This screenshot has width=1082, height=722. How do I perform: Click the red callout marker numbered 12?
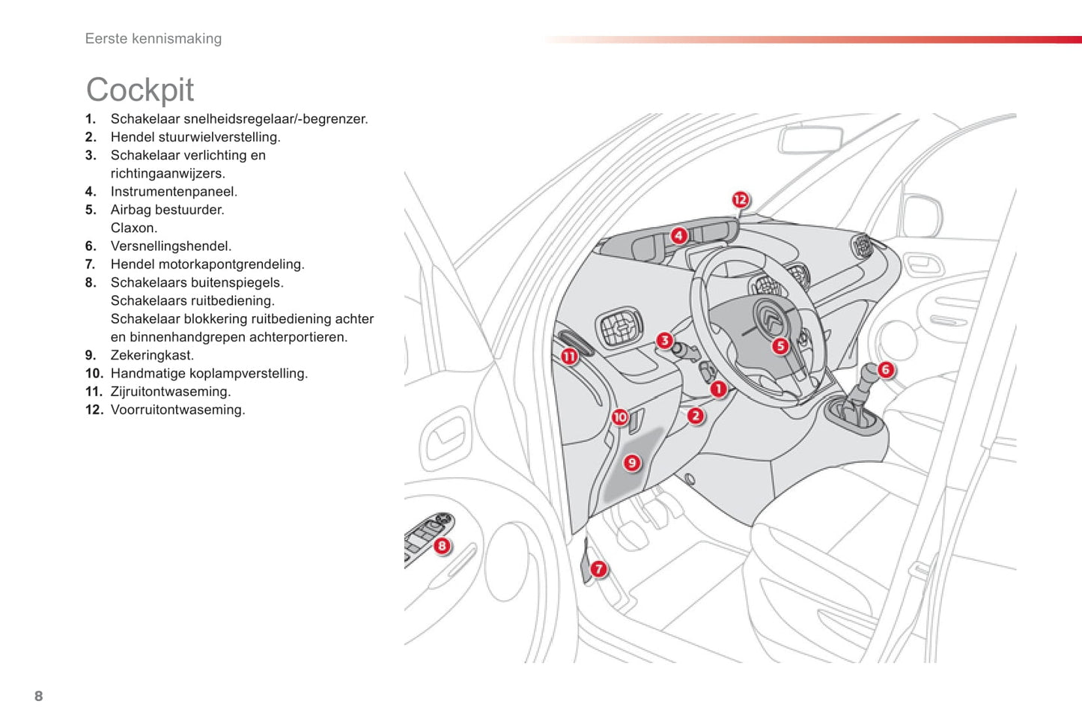point(740,199)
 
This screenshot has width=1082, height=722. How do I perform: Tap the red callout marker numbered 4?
point(678,236)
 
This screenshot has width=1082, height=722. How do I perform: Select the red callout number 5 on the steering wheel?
point(780,346)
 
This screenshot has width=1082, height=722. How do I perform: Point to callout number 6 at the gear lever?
point(885,369)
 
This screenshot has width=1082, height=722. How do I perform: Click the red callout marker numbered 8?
point(442,546)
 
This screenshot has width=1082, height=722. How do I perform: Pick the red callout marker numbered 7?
point(598,569)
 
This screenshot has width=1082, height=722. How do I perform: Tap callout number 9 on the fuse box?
point(632,463)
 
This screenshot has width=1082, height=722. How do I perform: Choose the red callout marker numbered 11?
point(569,357)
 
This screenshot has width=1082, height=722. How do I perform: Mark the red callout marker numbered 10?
point(620,417)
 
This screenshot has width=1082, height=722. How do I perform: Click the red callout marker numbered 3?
point(664,341)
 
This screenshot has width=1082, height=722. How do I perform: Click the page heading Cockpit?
point(140,90)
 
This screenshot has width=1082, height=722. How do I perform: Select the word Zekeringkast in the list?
point(151,355)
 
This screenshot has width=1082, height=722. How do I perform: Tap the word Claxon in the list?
point(133,228)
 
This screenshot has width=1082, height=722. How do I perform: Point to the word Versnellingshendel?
point(171,246)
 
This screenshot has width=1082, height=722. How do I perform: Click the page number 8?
point(39,696)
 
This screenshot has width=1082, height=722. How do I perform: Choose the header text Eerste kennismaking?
point(154,39)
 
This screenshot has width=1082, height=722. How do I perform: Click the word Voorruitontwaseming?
point(177,410)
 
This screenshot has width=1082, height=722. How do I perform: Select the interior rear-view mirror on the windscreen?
point(810,140)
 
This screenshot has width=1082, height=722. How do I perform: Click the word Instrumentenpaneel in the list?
point(173,192)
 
